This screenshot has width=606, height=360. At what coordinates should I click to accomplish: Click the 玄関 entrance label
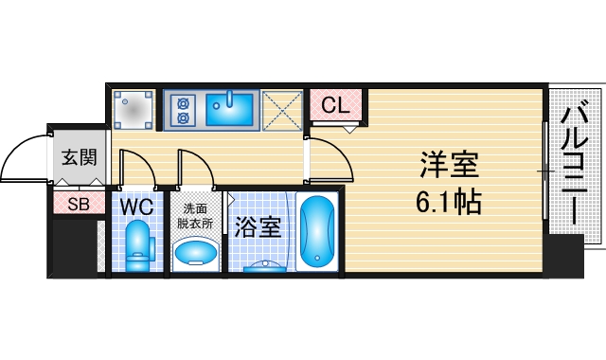pos(79,157)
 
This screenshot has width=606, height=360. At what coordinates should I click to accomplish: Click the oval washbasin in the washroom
pos(195,253)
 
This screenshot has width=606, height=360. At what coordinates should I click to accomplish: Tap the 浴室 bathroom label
pos(257,228)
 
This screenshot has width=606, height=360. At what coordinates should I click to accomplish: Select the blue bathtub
pos(317,231)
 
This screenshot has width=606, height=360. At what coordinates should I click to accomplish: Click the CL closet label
pos(335,106)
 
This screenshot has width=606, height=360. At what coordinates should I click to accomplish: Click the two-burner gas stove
pos(182,110)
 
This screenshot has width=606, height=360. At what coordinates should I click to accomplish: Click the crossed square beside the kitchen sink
pos(280,110)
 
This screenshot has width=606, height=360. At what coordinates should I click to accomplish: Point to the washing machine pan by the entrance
pos(134,110)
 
